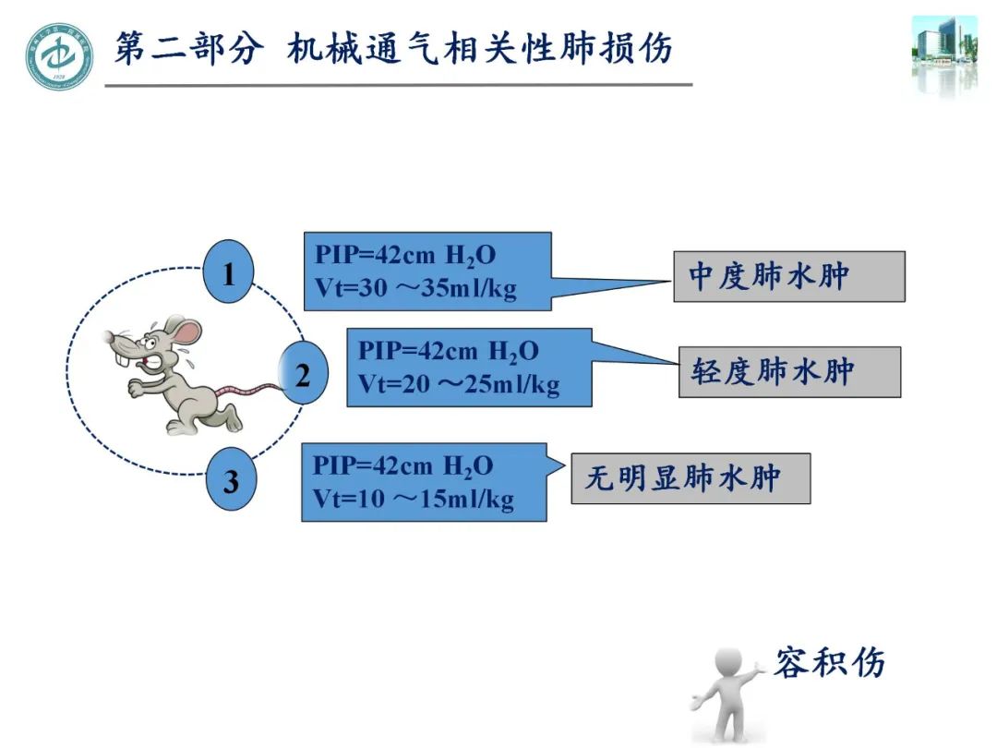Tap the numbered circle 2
(x=304, y=375)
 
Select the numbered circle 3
(x=230, y=481)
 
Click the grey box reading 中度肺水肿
(x=788, y=276)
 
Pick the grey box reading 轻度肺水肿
(x=789, y=372)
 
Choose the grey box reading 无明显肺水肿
(x=691, y=478)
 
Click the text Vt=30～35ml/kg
(x=415, y=288)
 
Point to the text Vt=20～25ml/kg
(x=459, y=383)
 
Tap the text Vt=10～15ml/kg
(x=413, y=499)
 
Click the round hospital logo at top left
(x=59, y=55)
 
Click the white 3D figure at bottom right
(x=728, y=693)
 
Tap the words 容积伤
(x=829, y=662)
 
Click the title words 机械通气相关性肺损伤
(x=479, y=48)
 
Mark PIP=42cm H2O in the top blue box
(x=405, y=256)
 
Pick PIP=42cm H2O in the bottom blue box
(x=402, y=465)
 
